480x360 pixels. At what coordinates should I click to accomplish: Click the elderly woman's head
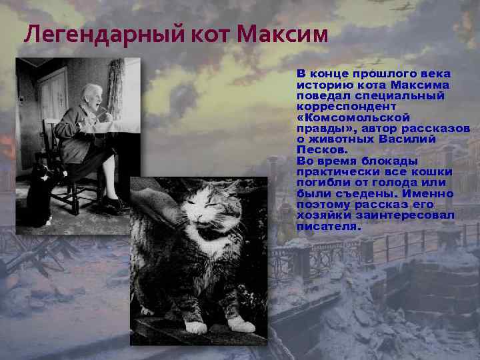click(x=92, y=97)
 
